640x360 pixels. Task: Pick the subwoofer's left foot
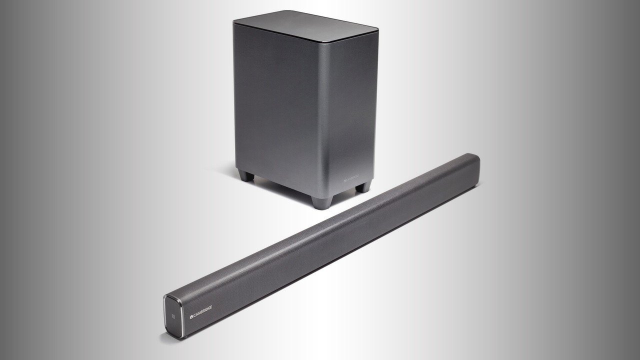[x=244, y=176]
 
